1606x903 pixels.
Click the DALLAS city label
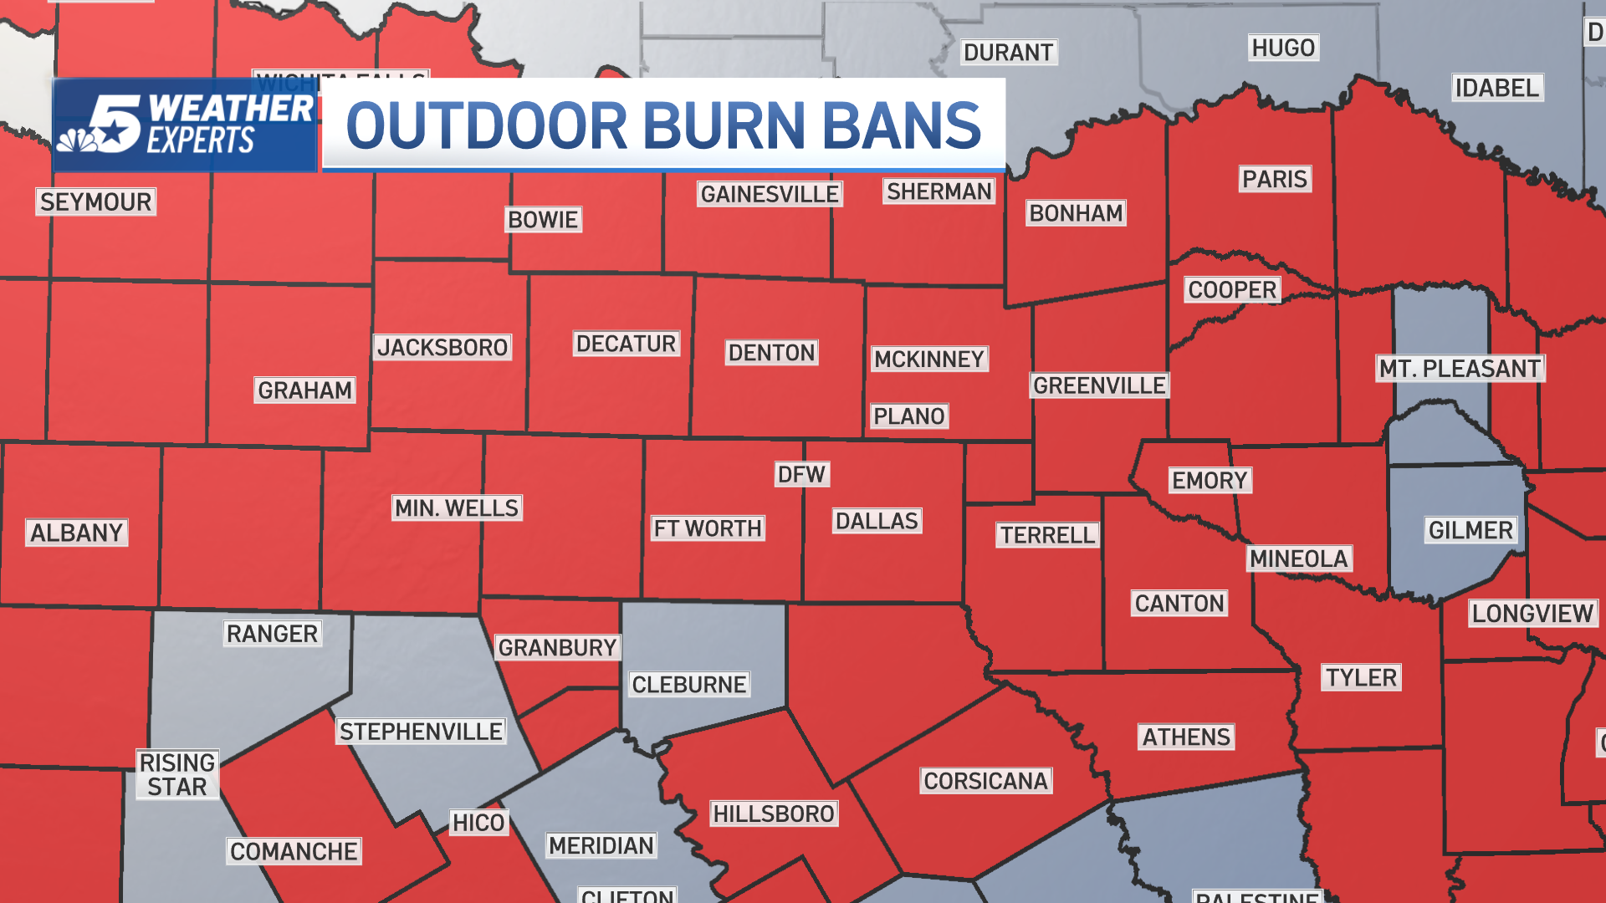(877, 521)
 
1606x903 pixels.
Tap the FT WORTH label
(708, 528)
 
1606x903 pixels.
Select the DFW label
(801, 475)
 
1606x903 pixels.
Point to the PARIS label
(1274, 179)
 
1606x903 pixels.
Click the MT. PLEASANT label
(1460, 369)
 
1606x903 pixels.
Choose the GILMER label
(1470, 530)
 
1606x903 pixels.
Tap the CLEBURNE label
(688, 685)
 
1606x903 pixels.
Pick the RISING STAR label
(177, 774)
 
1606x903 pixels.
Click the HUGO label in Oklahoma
(1283, 48)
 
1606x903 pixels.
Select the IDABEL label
(1496, 88)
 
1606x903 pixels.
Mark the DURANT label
(1008, 53)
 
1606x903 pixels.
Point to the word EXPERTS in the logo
(201, 141)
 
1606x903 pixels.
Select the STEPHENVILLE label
(421, 732)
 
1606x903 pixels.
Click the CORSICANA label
(985, 781)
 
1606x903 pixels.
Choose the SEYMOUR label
(95, 202)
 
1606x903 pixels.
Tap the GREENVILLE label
(1099, 385)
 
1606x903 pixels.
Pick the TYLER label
(1361, 677)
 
